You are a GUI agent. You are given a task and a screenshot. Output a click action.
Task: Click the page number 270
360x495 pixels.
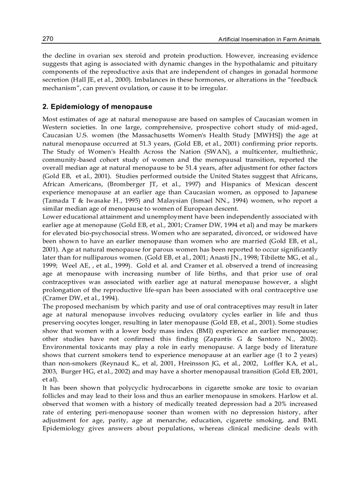pyautogui.click(x=48, y=39)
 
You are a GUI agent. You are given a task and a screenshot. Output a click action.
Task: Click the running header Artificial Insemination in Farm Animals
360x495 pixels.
pyautogui.click(x=270, y=40)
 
